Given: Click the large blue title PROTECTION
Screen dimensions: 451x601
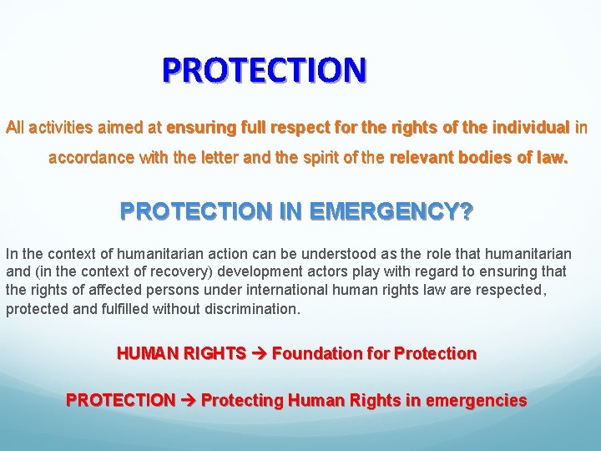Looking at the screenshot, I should (264, 70).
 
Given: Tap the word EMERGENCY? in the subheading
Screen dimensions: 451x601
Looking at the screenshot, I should (391, 212).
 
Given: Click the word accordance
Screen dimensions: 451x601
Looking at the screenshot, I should (88, 157).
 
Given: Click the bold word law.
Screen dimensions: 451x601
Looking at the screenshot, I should (551, 157).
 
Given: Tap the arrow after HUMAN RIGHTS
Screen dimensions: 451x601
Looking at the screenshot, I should (259, 354).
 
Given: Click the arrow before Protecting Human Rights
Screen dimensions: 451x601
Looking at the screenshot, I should (188, 401).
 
